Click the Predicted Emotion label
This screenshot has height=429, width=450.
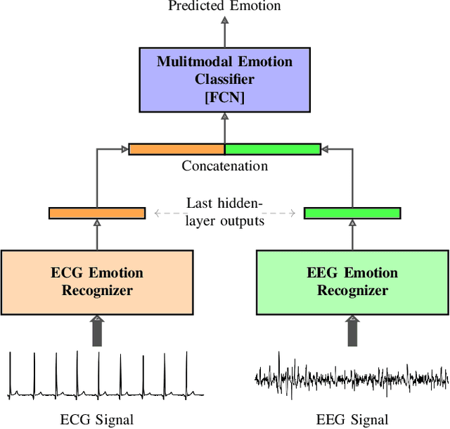(224, 6)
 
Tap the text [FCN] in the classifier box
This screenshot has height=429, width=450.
(224, 98)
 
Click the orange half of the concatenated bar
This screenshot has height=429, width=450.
(176, 149)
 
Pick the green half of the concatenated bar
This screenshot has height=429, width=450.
(272, 149)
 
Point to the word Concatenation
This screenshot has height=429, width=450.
(224, 166)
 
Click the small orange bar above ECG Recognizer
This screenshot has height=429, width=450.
(97, 213)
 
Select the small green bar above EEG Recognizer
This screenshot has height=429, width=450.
(352, 213)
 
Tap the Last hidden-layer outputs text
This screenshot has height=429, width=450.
(224, 212)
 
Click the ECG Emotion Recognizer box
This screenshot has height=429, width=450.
(97, 281)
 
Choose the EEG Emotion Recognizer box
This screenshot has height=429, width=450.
(352, 281)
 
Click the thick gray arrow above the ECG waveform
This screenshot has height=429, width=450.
(97, 330)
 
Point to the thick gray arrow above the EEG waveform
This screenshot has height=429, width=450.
(352, 330)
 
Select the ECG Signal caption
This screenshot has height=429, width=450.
(97, 420)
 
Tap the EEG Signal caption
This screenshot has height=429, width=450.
(352, 420)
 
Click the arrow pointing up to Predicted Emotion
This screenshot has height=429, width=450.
(224, 31)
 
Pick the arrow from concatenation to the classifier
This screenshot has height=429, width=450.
(224, 128)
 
